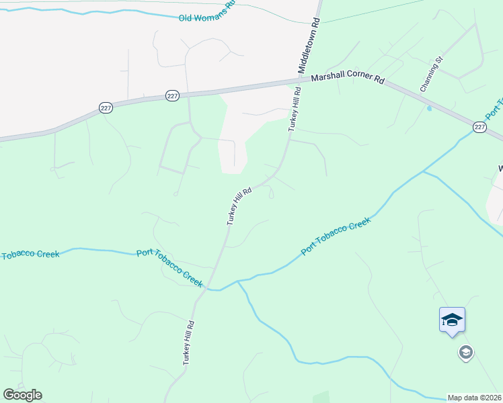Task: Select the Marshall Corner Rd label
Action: (348, 79)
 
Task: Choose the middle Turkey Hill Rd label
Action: (239, 206)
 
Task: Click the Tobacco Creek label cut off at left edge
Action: (30, 255)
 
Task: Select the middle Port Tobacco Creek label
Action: (169, 267)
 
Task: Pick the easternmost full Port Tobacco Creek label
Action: (336, 236)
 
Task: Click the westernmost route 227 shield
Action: (106, 108)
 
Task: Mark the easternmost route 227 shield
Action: (479, 126)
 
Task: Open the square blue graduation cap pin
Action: (452, 320)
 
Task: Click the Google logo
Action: (22, 395)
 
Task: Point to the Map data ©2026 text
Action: (475, 398)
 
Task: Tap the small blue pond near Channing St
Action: (429, 107)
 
